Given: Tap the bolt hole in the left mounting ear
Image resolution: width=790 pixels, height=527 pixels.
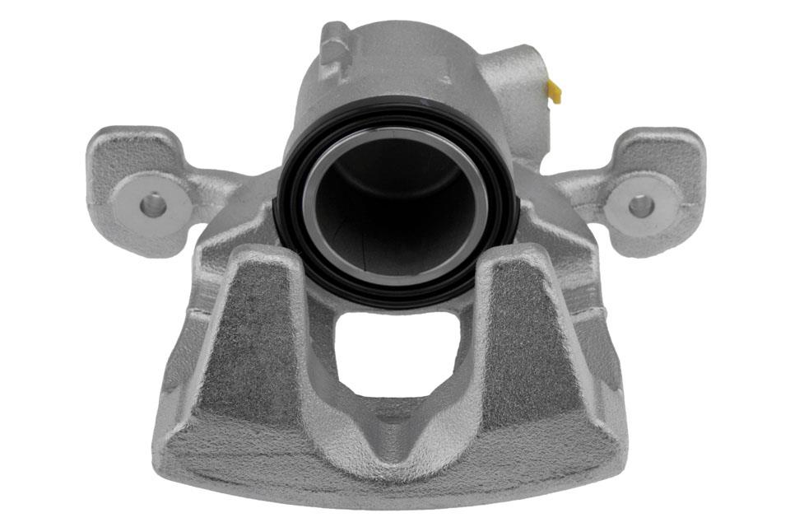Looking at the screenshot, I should click(x=152, y=204).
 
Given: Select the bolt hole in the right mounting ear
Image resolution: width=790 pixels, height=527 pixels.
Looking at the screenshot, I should click(x=641, y=206).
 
